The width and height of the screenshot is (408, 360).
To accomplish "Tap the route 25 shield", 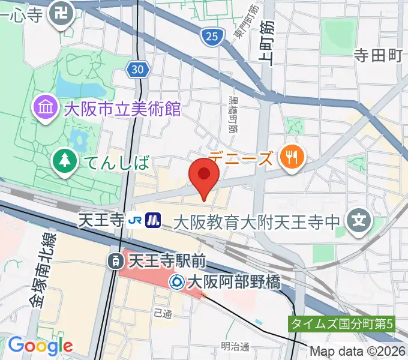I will (211, 37).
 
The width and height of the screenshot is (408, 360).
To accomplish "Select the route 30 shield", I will (137, 70).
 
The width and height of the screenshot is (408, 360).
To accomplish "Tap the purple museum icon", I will (46, 109).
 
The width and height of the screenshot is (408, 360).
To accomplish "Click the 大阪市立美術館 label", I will (122, 109).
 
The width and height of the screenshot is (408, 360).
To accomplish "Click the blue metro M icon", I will (154, 221).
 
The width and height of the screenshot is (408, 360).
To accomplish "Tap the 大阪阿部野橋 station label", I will (234, 281).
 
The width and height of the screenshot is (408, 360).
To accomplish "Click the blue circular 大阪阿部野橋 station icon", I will (177, 281).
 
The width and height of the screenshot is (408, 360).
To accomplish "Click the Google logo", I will (40, 345).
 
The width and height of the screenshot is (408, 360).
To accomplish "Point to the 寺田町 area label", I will (377, 55).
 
